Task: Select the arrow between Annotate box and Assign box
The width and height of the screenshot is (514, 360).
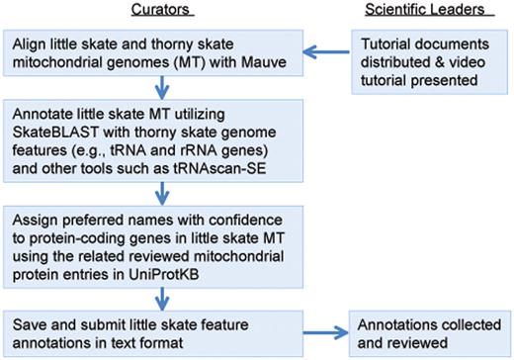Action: tap(158, 186)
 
